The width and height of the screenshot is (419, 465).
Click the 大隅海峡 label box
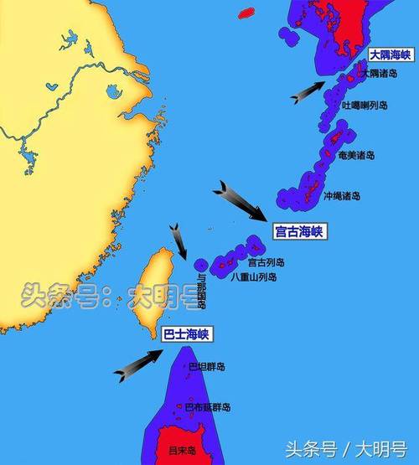coord(390,54)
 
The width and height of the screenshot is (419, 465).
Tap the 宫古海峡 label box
coord(299,231)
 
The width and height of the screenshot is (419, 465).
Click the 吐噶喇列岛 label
coord(365,106)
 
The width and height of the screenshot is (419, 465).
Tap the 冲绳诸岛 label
coord(342,196)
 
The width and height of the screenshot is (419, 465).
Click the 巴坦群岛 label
coord(206,367)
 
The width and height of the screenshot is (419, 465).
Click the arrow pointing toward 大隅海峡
coord(308,91)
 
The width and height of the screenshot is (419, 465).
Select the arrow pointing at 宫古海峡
coord(240,201)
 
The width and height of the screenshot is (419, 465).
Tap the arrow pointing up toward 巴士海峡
coord(137,365)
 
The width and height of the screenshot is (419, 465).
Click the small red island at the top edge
coord(246,13)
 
